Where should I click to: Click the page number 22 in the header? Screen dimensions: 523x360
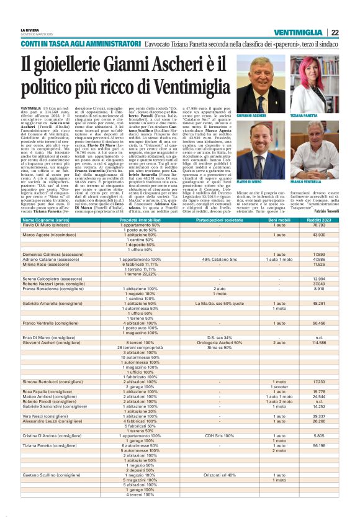click(334, 32)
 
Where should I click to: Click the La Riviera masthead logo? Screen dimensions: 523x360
click(29, 30)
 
